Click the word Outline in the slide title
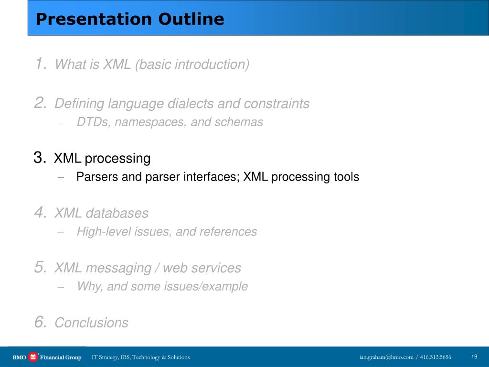click(x=191, y=19)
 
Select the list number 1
click(x=41, y=64)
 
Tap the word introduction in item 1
click(x=212, y=65)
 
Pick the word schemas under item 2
click(x=239, y=122)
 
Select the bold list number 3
click(x=40, y=158)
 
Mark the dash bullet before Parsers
click(x=61, y=178)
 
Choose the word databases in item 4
click(x=117, y=213)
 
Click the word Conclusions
click(x=91, y=323)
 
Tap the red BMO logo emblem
click(x=33, y=356)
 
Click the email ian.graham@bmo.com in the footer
click(x=386, y=357)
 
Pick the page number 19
click(x=474, y=356)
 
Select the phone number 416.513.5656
click(x=436, y=357)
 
